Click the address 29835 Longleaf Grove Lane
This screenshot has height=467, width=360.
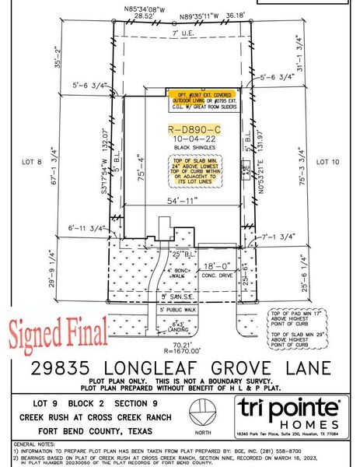180,368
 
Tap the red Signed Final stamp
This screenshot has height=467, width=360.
58,332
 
